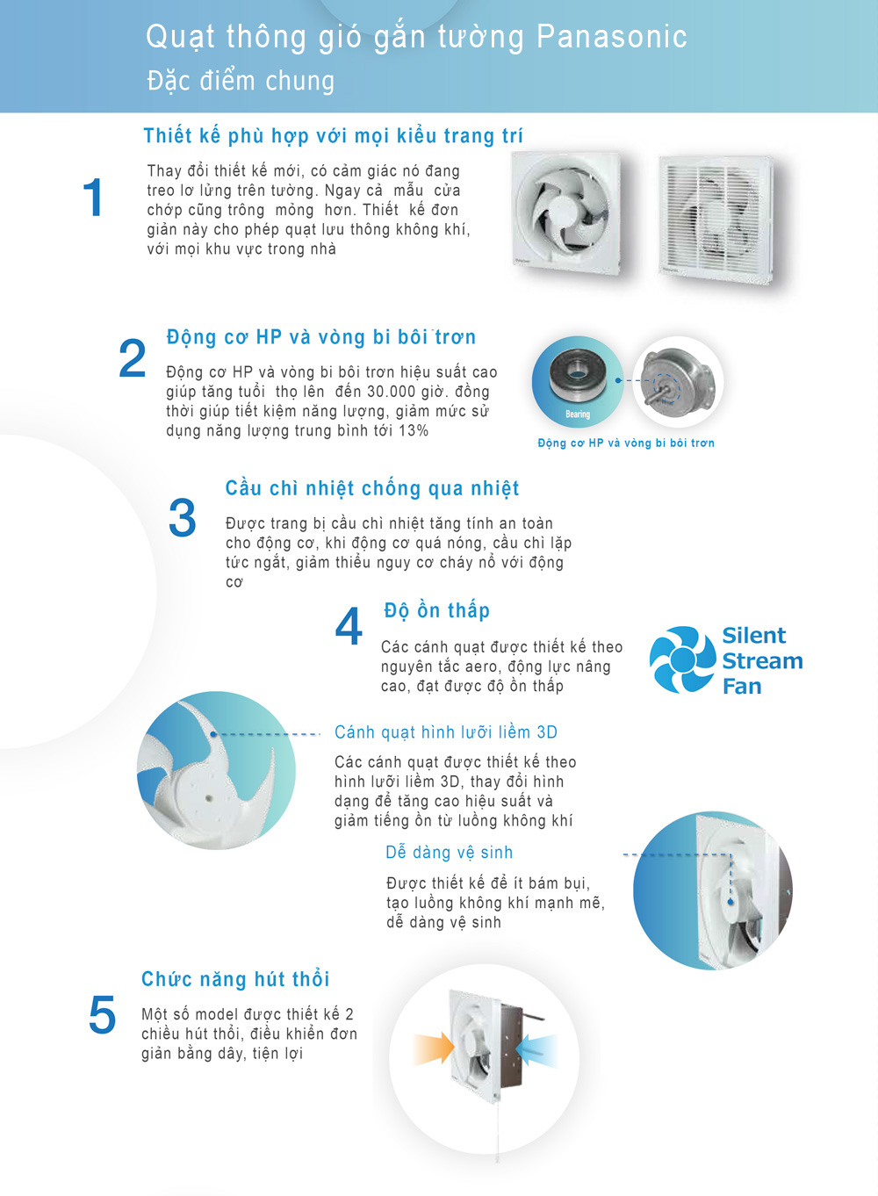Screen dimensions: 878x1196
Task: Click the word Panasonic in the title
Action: tap(612, 37)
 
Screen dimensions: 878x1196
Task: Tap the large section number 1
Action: tap(93, 198)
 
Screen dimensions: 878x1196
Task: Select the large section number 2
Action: tap(133, 357)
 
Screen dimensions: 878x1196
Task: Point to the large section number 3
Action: tap(183, 517)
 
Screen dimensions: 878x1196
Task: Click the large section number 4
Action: tap(349, 625)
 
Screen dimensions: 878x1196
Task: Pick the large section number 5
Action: tap(102, 1014)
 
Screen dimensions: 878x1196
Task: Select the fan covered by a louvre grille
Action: tap(716, 219)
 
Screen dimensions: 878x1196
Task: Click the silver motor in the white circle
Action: tap(677, 378)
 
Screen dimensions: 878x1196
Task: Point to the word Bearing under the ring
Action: tap(578, 414)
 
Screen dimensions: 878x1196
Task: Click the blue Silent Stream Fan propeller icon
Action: tap(683, 659)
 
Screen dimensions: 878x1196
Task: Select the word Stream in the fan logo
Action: tap(762, 661)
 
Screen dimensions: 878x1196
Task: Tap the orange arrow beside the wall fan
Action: tap(433, 1049)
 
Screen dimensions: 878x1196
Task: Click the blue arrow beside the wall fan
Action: tap(536, 1049)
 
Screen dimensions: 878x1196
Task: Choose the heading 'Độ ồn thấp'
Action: tap(436, 610)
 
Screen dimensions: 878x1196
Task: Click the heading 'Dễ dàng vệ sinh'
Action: tap(449, 852)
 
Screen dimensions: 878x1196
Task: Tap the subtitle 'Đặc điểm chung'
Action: tap(241, 81)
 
